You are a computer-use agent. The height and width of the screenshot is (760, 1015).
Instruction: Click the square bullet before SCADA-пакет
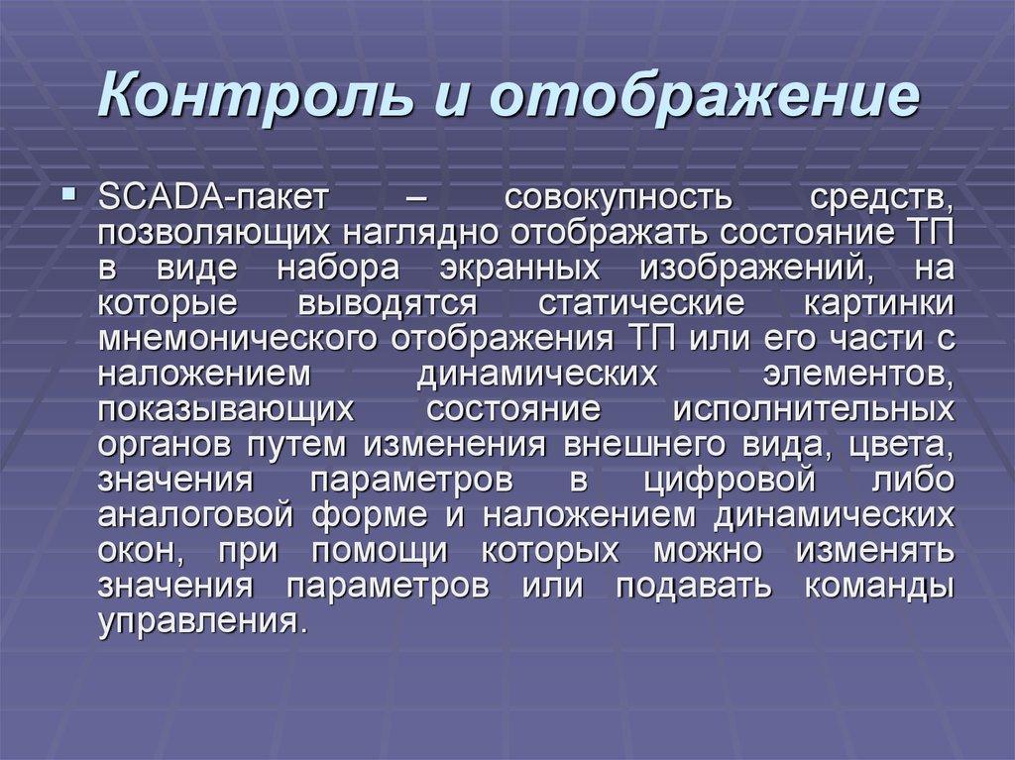(68, 193)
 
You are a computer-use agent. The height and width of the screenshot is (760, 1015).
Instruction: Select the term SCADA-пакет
(214, 197)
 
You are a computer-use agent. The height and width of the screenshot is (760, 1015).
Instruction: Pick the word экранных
(519, 268)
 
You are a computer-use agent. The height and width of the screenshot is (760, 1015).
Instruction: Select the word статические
(641, 303)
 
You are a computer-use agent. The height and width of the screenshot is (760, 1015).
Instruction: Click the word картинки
(879, 303)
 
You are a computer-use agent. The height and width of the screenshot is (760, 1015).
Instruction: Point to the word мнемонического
(238, 339)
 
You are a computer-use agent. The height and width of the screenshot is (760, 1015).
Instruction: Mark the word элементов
(858, 375)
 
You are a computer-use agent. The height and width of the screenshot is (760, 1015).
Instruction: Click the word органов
(167, 446)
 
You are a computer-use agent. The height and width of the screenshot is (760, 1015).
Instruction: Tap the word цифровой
(730, 481)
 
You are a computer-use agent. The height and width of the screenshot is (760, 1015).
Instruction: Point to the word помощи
(380, 552)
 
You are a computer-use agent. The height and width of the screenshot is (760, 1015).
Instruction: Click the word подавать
(693, 587)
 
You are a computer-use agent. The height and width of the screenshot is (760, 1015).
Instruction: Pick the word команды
(879, 588)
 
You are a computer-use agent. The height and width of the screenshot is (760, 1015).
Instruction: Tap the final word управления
(201, 622)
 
